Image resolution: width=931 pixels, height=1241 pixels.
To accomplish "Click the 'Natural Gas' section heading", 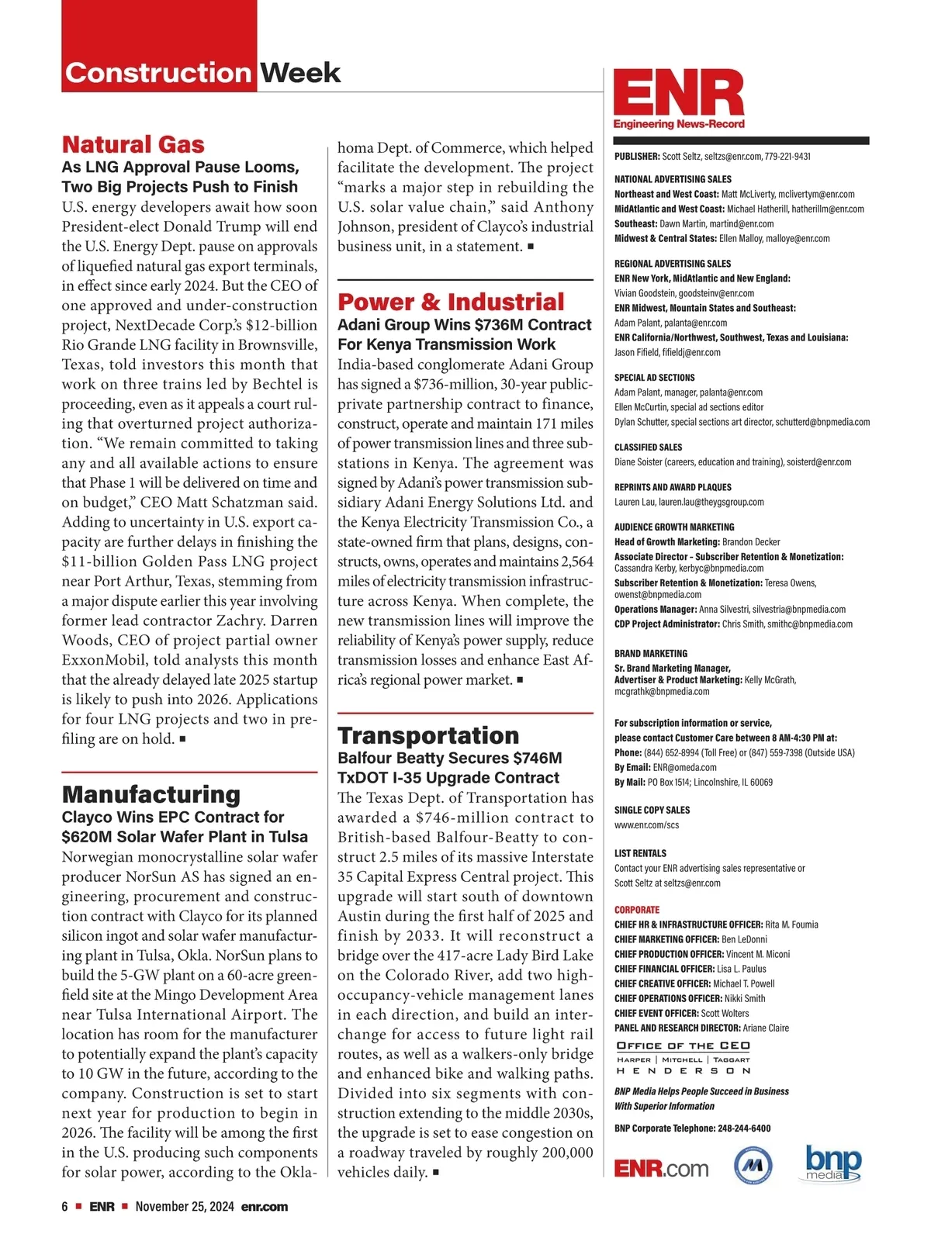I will click(x=133, y=145).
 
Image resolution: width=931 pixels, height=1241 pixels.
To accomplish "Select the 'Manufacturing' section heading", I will click(x=151, y=794).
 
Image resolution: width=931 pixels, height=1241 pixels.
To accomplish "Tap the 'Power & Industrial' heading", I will click(x=451, y=302).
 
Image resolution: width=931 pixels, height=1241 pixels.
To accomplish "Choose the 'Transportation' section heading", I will click(x=428, y=735).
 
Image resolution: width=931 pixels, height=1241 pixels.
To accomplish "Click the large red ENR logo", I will click(x=679, y=95).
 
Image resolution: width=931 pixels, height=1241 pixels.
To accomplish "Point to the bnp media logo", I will click(x=833, y=1163).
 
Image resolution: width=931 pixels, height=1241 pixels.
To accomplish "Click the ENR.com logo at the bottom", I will click(x=661, y=1168).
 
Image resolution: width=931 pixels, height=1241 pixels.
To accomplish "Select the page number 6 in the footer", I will click(x=65, y=1207).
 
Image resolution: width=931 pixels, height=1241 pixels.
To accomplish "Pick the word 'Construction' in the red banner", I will click(x=158, y=73).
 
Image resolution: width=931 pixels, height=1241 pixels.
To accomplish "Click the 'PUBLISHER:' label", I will click(x=637, y=157).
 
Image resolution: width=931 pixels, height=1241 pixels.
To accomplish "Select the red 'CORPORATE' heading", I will click(x=637, y=910).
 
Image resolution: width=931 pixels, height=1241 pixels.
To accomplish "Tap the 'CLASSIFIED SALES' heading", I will click(x=649, y=448).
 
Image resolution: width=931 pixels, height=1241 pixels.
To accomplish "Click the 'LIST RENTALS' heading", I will click(x=640, y=853).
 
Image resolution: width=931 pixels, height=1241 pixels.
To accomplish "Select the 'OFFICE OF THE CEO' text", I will click(x=683, y=1046).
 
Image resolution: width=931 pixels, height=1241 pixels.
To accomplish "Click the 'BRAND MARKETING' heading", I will click(x=651, y=654).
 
